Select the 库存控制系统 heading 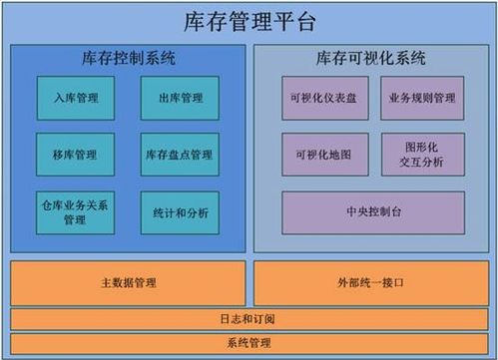pos(129,59)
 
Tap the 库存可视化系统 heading pos(371,59)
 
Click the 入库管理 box pos(75,98)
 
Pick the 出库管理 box pos(180,98)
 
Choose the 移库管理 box pos(75,155)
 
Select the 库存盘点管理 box pos(180,155)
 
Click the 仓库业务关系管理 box pos(75,212)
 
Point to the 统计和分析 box pos(180,212)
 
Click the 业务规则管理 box pos(422,98)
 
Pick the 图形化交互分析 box pos(422,155)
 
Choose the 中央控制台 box pos(373,212)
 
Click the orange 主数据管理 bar pos(129,283)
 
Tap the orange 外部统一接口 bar pos(371,283)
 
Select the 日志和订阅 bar pos(249,319)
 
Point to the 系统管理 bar pos(249,343)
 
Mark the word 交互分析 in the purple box pos(422,162)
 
